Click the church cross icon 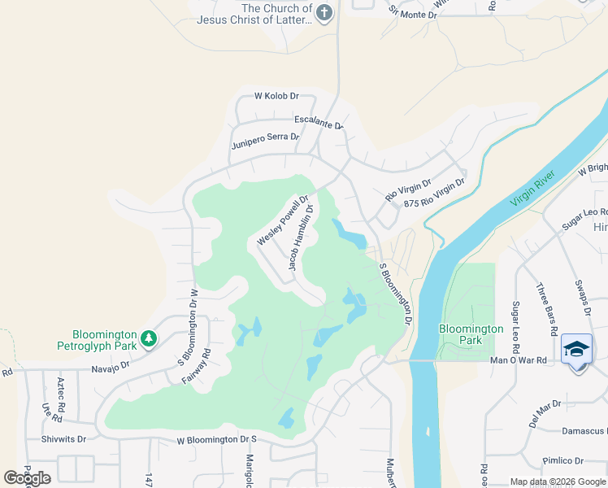[324, 14]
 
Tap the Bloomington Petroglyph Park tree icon [148, 338]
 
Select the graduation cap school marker [576, 349]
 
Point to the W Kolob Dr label [276, 96]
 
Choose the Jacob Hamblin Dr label [301, 237]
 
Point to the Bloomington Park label [471, 334]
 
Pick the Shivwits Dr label [63, 438]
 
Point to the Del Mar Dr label [545, 412]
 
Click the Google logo [27, 478]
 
